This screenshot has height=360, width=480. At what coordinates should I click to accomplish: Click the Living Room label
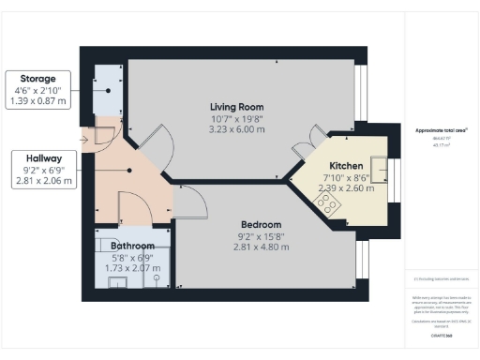235,106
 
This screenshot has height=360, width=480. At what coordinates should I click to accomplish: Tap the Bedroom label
261,224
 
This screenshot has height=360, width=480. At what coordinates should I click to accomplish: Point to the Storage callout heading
38,78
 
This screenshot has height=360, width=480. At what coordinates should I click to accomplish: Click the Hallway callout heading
38,157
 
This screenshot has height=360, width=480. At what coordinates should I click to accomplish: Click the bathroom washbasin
117,281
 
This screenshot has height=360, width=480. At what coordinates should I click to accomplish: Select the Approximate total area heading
441,130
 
